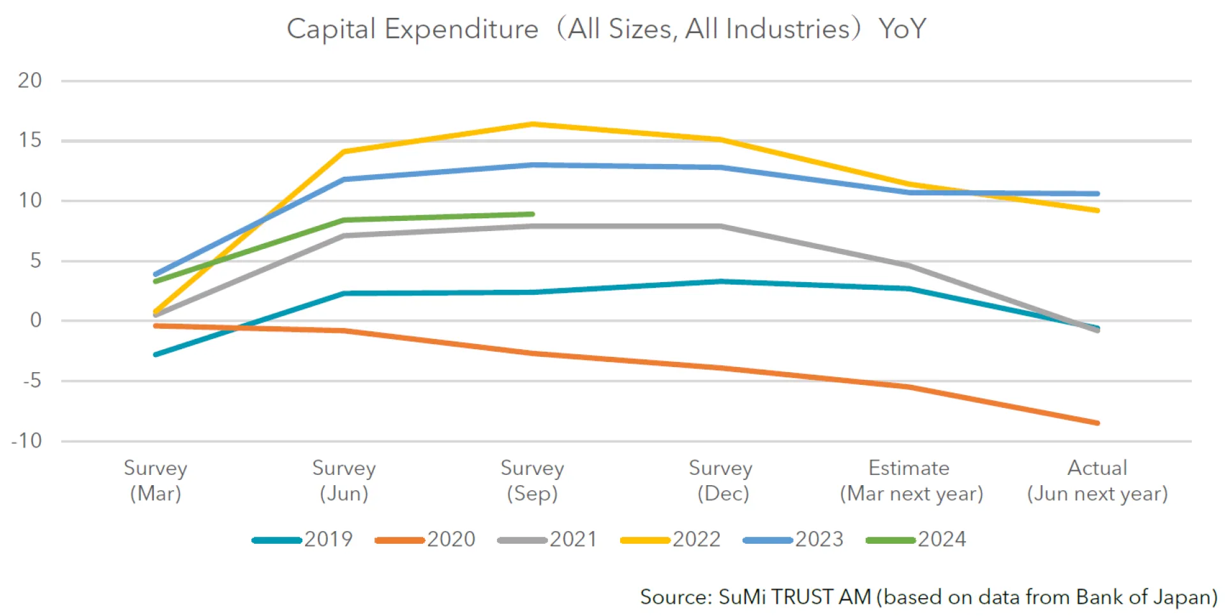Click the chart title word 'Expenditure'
461,29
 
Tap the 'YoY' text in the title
902,29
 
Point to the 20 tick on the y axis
30,80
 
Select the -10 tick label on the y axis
27,440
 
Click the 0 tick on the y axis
36,320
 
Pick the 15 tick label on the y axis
30,140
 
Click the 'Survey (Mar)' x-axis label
155,480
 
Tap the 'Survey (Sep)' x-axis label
532,480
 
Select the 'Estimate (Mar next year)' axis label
910,480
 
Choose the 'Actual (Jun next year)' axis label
1097,480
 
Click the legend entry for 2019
303,539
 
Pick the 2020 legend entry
426,539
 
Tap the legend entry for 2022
671,539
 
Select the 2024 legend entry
916,539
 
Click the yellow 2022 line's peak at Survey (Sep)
533,124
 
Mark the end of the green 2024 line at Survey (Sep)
532,214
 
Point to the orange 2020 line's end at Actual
1097,423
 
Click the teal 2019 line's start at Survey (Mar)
156,354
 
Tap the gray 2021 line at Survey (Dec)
720,226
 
